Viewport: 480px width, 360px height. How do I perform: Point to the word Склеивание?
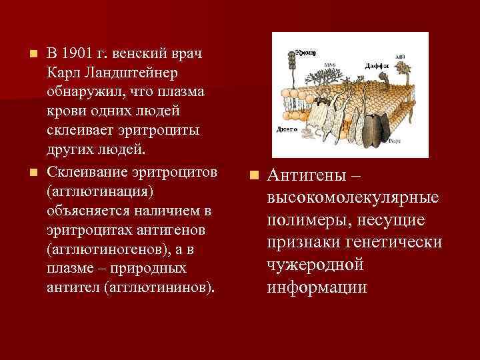[83, 173]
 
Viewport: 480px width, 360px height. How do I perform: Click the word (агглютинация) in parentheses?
[100, 191]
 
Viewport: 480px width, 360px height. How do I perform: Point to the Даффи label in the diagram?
[377, 65]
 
